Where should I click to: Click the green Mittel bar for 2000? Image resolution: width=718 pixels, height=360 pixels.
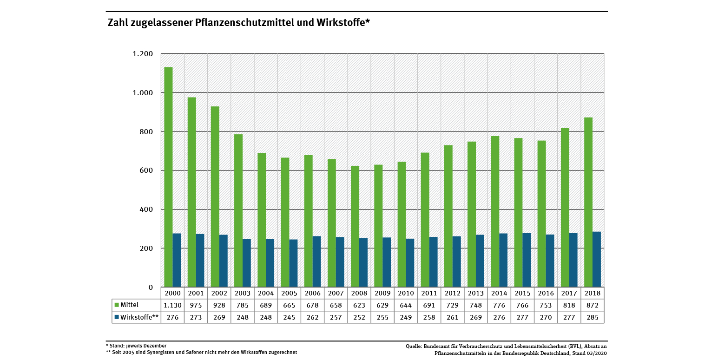[x=168, y=177]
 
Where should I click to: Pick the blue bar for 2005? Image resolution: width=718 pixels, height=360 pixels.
[x=293, y=263]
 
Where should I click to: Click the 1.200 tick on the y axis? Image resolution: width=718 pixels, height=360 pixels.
[x=143, y=54]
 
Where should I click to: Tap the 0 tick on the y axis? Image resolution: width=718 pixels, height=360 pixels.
[x=151, y=288]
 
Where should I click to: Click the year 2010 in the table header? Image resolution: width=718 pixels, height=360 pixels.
[x=406, y=294]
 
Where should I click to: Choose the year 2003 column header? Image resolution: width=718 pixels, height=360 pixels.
[x=243, y=294]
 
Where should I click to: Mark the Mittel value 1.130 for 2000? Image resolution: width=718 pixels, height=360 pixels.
[x=173, y=305]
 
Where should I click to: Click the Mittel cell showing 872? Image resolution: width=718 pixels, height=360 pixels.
[x=593, y=305]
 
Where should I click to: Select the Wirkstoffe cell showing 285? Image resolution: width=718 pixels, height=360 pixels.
[x=593, y=317]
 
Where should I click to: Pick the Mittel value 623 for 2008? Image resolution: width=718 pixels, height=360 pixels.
[x=359, y=305]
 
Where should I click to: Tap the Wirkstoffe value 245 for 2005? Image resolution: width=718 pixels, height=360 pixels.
[x=289, y=317]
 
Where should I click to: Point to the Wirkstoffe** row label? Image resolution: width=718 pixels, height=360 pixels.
[x=139, y=317]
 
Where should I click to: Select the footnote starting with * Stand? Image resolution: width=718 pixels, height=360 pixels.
[x=136, y=346]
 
